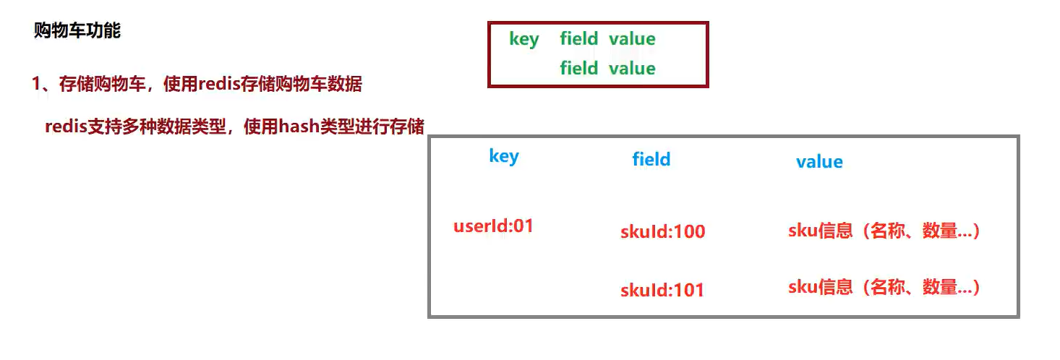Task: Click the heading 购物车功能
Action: pyautogui.click(x=77, y=31)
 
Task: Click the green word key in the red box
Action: pyautogui.click(x=524, y=39)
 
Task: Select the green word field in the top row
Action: pyautogui.click(x=579, y=39)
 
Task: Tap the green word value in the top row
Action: pyautogui.click(x=632, y=39)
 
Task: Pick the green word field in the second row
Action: pyautogui.click(x=579, y=69)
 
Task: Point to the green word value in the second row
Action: pyautogui.click(x=632, y=69)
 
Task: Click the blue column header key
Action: pyautogui.click(x=504, y=156)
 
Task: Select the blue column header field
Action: pyautogui.click(x=651, y=160)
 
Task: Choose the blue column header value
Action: pyautogui.click(x=819, y=162)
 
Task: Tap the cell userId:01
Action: pyautogui.click(x=493, y=226)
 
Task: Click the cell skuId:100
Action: pyautogui.click(x=662, y=232)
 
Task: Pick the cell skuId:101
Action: pyautogui.click(x=662, y=291)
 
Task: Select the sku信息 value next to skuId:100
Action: pyautogui.click(x=884, y=231)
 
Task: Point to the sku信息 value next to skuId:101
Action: pyautogui.click(x=884, y=287)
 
